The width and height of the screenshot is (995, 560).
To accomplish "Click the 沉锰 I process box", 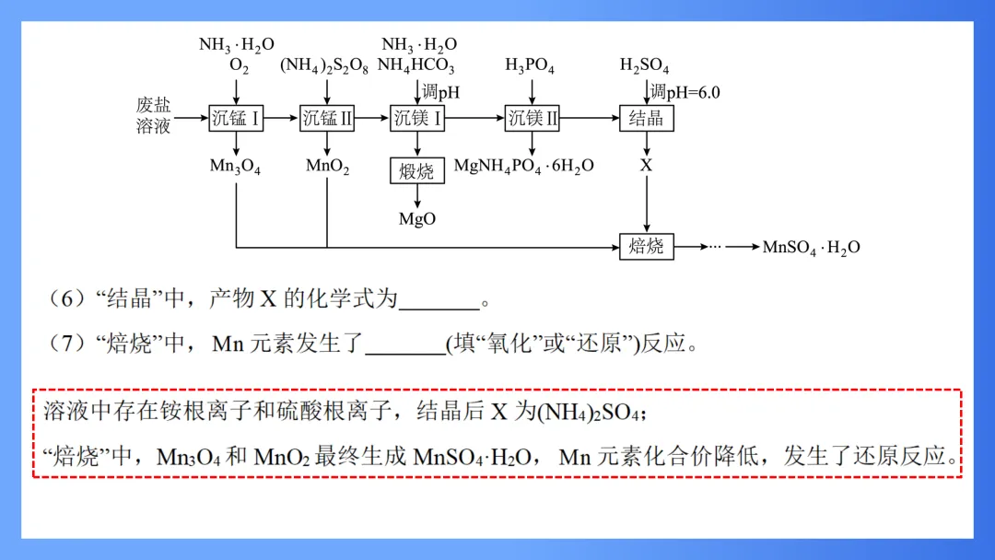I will pyautogui.click(x=236, y=118).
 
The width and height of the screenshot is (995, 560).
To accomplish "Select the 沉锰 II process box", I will pyautogui.click(x=327, y=118).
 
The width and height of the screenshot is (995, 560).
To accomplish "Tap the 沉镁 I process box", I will pyautogui.click(x=417, y=118).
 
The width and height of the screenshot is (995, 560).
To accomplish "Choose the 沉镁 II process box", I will pyautogui.click(x=532, y=118).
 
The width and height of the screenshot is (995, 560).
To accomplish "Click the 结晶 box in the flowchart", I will pyautogui.click(x=646, y=118).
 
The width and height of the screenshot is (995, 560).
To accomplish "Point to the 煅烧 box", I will pyautogui.click(x=417, y=170).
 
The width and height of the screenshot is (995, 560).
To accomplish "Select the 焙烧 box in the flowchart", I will pyautogui.click(x=646, y=246).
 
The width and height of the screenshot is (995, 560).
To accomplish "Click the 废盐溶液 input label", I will pyautogui.click(x=154, y=117).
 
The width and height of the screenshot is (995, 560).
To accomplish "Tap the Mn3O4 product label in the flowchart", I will pyautogui.click(x=235, y=167).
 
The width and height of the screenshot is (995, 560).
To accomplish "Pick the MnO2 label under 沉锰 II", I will pyautogui.click(x=327, y=167).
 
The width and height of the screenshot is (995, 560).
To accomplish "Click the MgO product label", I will pyautogui.click(x=417, y=219).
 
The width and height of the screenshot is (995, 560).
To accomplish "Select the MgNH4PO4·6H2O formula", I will pyautogui.click(x=524, y=167).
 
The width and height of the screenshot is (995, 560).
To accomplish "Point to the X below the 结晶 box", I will pyautogui.click(x=646, y=166).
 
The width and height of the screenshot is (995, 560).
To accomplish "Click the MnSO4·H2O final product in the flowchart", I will pyautogui.click(x=811, y=247).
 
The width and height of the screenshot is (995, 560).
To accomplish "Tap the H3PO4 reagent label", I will pyautogui.click(x=530, y=66).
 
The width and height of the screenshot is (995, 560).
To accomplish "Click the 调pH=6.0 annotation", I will pyautogui.click(x=685, y=92).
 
